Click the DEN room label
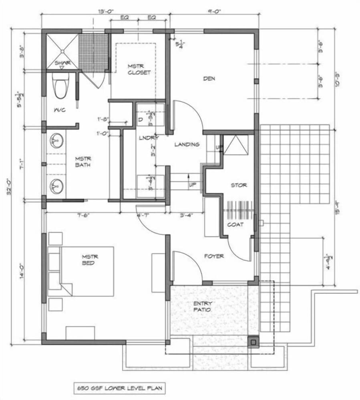209,79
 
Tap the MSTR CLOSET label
139,69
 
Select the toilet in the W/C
61,88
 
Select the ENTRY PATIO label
202,307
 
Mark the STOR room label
239,185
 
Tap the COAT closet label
235,224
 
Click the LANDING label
187,144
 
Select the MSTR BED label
90,260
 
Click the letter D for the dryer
141,119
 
